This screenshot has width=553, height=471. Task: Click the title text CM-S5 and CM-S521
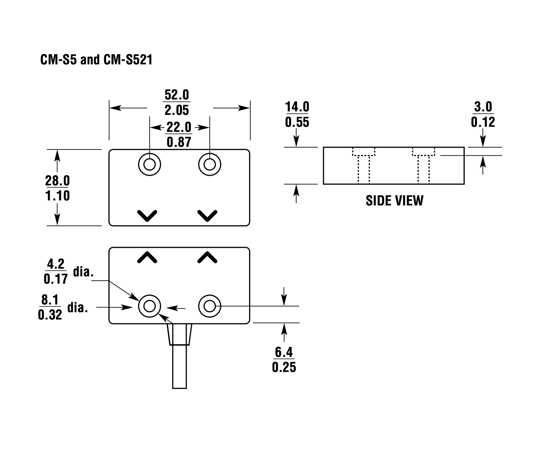tap(96, 60)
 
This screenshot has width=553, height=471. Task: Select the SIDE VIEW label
tap(394, 200)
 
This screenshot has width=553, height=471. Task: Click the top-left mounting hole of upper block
tap(150, 165)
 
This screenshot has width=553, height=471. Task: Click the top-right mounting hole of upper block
tap(210, 165)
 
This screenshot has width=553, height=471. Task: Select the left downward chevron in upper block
tap(147, 215)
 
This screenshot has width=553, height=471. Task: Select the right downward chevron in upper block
tap(207, 215)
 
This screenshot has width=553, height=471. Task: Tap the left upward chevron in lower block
tap(147, 257)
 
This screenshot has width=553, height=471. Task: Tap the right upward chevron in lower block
tap(207, 257)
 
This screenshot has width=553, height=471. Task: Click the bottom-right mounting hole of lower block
tap(210, 306)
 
